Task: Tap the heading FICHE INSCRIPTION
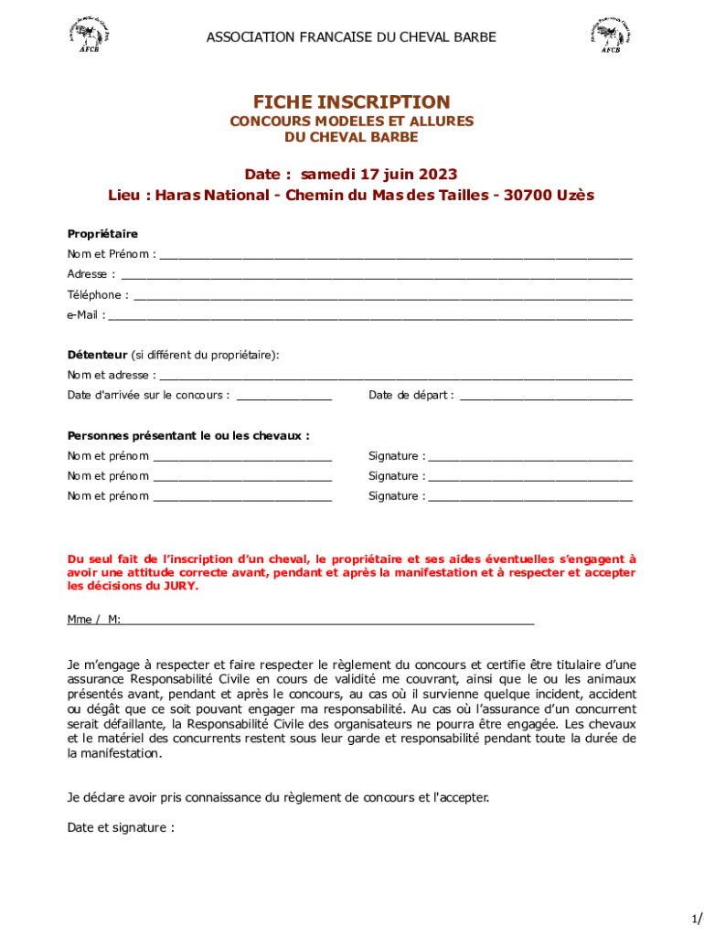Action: (x=351, y=101)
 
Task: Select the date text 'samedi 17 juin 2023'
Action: (x=379, y=174)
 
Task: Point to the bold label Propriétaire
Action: (x=102, y=234)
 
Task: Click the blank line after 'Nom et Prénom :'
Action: (x=395, y=254)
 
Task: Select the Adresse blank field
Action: (x=376, y=274)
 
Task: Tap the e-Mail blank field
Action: (x=369, y=315)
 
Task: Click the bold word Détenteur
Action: (x=97, y=355)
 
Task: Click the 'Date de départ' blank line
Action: (x=546, y=396)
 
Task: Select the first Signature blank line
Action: (x=530, y=456)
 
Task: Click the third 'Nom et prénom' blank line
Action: (x=242, y=496)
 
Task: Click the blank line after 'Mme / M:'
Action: (x=327, y=621)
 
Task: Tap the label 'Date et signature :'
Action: (x=120, y=827)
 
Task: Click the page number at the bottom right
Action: (x=697, y=917)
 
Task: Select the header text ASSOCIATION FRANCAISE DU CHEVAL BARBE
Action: (x=351, y=37)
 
